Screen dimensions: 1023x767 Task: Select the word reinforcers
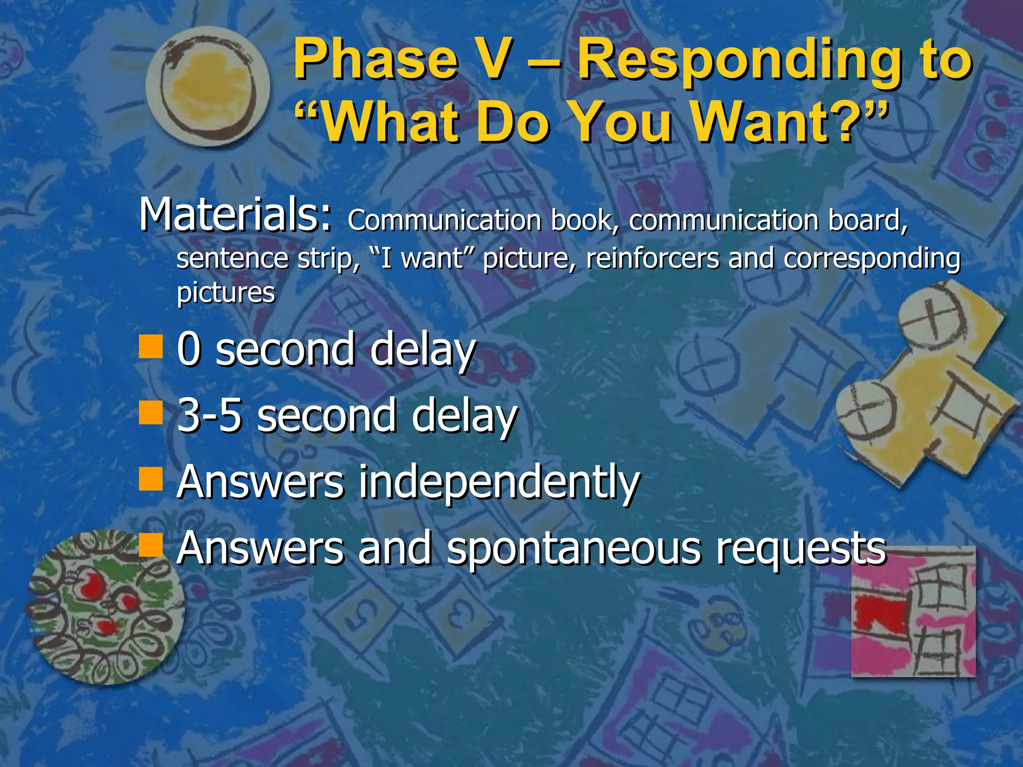(x=653, y=259)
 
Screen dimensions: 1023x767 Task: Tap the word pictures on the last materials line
(x=226, y=293)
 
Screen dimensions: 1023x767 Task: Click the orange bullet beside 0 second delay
(x=151, y=347)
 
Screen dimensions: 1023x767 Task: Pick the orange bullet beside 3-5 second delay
(x=151, y=412)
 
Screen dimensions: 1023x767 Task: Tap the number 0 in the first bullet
(x=189, y=349)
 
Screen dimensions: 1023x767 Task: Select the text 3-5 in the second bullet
(x=209, y=415)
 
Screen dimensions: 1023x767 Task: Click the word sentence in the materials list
(x=232, y=259)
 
